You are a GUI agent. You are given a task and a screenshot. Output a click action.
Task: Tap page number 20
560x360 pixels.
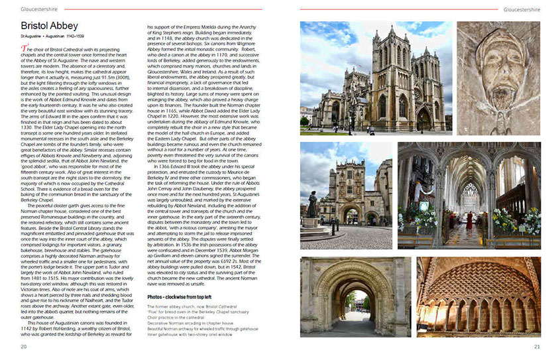[24, 346]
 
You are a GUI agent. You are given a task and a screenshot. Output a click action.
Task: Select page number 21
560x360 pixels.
[537, 346]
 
